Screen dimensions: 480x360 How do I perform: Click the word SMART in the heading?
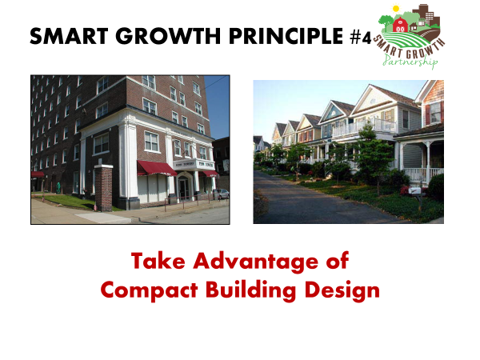(69, 36)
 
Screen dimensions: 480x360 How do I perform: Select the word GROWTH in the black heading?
(168, 36)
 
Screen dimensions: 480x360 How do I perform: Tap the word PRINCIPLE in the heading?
(286, 36)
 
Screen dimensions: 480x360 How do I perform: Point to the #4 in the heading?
(361, 38)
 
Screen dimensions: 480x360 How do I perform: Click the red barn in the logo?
(401, 25)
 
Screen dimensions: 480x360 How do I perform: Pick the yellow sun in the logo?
(396, 8)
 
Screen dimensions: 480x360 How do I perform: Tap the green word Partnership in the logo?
(410, 61)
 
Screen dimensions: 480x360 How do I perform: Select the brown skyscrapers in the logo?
(426, 14)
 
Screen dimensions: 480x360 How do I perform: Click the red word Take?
(158, 261)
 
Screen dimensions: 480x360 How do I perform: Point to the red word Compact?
(149, 290)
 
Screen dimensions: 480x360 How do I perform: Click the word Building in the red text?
(250, 290)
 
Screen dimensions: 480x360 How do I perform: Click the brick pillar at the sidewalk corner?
(103, 188)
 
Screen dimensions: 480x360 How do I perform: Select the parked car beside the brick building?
(221, 194)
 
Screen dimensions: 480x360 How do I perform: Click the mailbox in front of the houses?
(416, 191)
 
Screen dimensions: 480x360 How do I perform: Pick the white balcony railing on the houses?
(364, 127)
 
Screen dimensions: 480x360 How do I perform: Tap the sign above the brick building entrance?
(194, 164)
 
